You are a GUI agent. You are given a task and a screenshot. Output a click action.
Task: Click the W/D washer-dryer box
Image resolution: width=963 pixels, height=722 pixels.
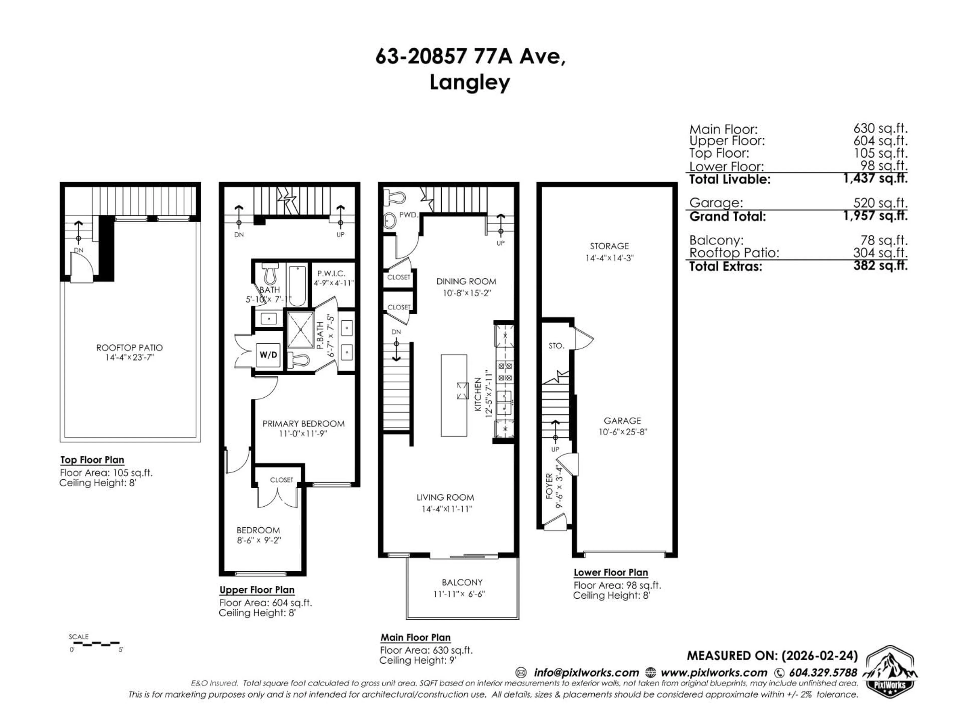click(268, 355)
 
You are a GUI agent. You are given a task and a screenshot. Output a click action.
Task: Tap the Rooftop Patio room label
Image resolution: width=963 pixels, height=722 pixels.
click(129, 348)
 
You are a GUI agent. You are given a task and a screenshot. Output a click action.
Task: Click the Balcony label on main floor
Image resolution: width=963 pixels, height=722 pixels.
click(462, 582)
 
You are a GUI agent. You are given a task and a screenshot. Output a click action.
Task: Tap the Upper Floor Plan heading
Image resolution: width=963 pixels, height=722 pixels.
click(257, 590)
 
